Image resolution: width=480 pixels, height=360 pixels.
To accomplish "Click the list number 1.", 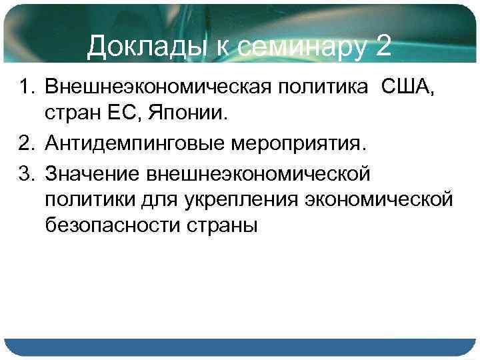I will tap(26, 87).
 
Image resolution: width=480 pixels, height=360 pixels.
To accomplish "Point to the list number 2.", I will tap(26, 143).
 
